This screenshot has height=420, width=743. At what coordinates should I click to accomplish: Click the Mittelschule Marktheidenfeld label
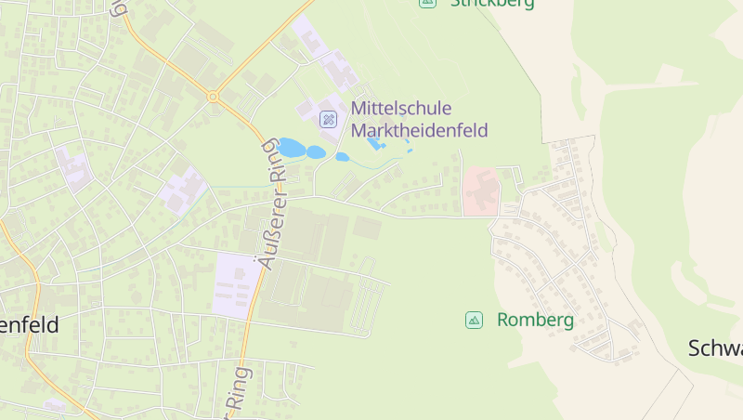419,119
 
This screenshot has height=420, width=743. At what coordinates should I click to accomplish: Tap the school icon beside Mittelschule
328,119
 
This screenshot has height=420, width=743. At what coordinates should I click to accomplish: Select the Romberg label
535,320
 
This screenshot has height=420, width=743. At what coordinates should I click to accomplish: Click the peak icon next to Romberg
474,320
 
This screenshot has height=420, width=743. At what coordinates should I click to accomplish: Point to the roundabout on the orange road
213,96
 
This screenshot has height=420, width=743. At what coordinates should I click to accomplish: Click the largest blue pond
291,148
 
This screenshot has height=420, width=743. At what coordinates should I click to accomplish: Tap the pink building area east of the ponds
481,190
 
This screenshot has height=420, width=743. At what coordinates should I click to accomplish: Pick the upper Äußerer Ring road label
275,203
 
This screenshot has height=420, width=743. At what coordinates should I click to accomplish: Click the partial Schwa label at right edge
715,348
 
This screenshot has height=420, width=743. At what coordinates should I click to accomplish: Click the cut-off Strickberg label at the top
491,4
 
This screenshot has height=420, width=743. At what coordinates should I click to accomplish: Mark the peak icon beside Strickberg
427,3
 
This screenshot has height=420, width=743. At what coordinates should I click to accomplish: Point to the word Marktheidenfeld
419,130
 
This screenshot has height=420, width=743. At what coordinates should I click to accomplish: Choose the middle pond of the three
316,152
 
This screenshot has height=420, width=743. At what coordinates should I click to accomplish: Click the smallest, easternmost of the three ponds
342,157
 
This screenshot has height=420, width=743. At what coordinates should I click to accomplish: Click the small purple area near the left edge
72,167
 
